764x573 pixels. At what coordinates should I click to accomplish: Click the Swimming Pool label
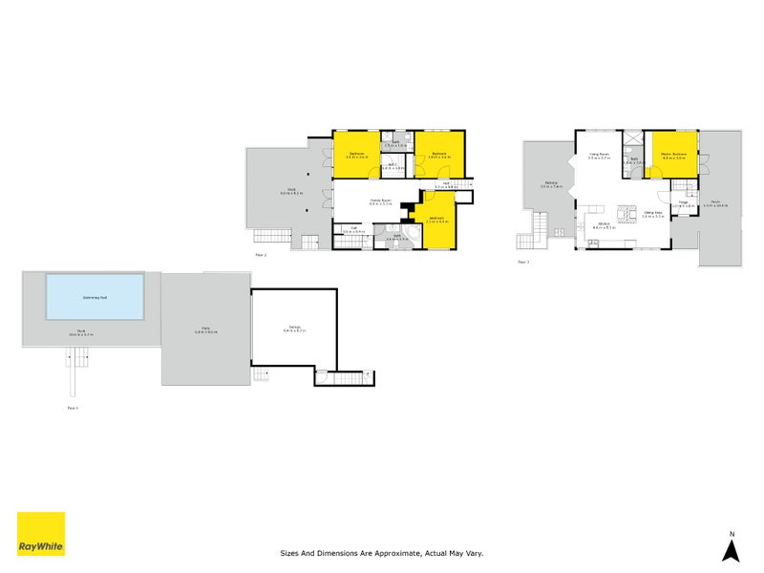94,297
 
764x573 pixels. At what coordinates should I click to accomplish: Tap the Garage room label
294,329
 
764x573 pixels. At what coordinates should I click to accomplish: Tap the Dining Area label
653,213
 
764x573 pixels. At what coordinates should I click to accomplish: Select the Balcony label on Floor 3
551,183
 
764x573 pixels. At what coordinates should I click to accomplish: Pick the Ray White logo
41,534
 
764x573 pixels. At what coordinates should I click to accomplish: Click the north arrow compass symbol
732,549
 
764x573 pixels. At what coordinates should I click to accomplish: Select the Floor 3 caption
522,261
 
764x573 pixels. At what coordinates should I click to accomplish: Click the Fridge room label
684,202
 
